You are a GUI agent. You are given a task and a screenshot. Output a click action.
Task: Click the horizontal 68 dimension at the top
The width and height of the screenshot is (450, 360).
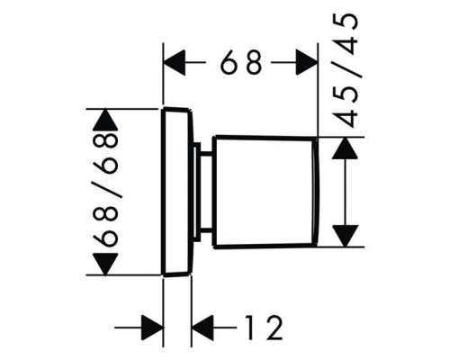[241, 62]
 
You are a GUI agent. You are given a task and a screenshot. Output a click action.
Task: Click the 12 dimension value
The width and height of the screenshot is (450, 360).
[264, 328]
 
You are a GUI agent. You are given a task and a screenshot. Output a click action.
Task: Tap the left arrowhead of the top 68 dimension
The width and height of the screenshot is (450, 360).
[175, 62]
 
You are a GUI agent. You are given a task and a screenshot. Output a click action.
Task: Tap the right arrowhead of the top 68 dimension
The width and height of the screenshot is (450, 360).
[307, 62]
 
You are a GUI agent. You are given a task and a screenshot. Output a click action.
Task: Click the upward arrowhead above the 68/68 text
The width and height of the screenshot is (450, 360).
[105, 120]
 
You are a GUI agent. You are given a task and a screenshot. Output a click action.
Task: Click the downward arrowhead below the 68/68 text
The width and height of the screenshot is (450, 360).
[105, 264]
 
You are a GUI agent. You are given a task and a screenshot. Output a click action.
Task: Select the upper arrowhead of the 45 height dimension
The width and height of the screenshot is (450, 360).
[346, 148]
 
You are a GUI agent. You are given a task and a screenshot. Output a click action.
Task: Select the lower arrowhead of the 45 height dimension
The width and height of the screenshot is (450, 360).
[346, 236]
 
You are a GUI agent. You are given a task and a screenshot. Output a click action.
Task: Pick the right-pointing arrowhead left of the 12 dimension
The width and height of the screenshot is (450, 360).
[152, 328]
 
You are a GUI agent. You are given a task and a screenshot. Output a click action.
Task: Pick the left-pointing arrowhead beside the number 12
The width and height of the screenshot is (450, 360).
[202, 328]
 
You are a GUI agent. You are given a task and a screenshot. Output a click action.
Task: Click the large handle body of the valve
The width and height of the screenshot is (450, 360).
[263, 192]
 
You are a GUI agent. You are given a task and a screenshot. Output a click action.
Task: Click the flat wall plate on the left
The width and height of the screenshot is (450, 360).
[177, 192]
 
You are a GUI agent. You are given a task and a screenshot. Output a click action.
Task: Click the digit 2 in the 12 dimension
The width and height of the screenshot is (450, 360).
[273, 328]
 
